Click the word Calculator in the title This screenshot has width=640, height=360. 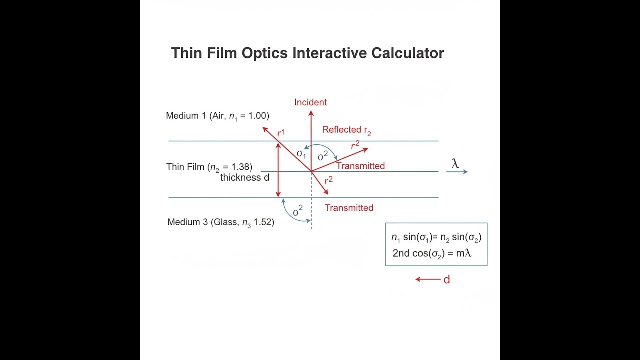click(x=407, y=53)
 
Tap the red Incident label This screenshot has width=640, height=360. click(x=310, y=102)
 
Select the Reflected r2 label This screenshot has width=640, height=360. click(x=347, y=130)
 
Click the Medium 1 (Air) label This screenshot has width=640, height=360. click(x=217, y=116)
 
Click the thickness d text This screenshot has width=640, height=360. click(x=245, y=177)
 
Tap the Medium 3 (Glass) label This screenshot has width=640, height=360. click(x=221, y=222)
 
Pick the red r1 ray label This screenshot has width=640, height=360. click(x=281, y=133)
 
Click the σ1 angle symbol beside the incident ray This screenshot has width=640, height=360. click(x=301, y=154)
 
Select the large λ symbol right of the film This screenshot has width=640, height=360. click(x=455, y=163)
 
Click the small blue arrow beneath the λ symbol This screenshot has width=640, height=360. click(x=457, y=172)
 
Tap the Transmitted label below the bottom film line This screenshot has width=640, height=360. click(x=349, y=208)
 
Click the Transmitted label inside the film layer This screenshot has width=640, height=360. click(x=360, y=166)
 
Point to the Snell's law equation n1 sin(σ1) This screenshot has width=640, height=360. click(x=436, y=237)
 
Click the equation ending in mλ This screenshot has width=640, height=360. click(x=432, y=253)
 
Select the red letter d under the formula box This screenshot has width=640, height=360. click(x=447, y=279)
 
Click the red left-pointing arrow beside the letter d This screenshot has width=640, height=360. click(x=428, y=279)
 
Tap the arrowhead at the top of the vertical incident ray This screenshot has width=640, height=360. click(x=311, y=113)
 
